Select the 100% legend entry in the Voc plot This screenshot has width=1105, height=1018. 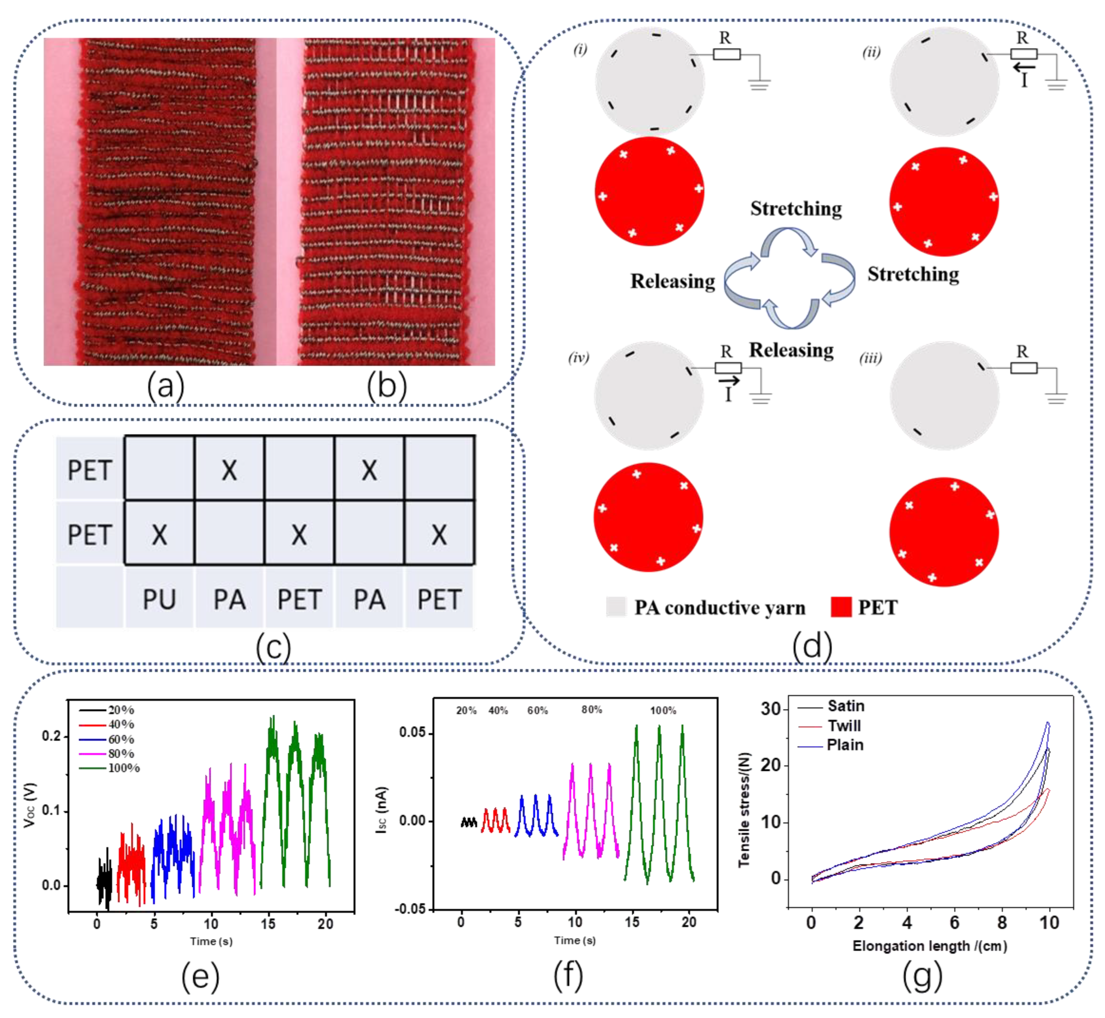(123, 768)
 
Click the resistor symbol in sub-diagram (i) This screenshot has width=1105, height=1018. (727, 54)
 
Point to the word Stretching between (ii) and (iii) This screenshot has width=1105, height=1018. (913, 274)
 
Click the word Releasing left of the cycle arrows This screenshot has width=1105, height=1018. (673, 281)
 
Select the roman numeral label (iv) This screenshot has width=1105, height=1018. (578, 358)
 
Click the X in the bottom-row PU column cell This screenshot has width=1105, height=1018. (159, 534)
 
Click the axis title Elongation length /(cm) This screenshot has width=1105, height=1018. (930, 946)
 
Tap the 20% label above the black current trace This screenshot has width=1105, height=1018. (466, 711)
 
